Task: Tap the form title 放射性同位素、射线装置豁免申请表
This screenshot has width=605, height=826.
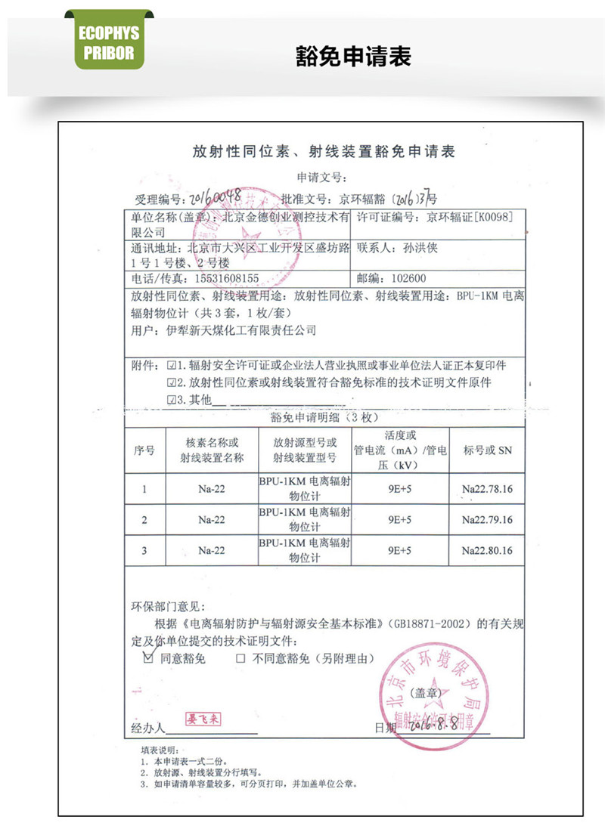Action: (323, 152)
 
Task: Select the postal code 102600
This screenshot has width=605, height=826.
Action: (409, 277)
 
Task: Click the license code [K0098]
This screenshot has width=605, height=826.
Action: (493, 218)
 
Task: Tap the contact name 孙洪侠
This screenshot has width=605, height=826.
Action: (428, 247)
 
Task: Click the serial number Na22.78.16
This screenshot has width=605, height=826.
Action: (487, 489)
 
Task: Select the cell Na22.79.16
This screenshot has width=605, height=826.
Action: (487, 520)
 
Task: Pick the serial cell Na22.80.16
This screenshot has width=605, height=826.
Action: (487, 551)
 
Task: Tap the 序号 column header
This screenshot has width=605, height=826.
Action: (144, 450)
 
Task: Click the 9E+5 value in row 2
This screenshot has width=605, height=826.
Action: (399, 520)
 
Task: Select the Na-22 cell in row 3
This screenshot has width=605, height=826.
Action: (212, 551)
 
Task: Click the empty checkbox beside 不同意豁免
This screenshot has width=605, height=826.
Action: (240, 659)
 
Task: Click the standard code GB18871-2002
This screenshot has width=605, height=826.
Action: (428, 625)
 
